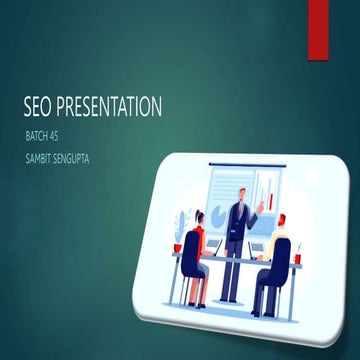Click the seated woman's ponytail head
pos(198,219)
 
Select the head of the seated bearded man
pos(281,223)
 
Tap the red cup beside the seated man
pos(297,259)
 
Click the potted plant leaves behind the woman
pos(181,225)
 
